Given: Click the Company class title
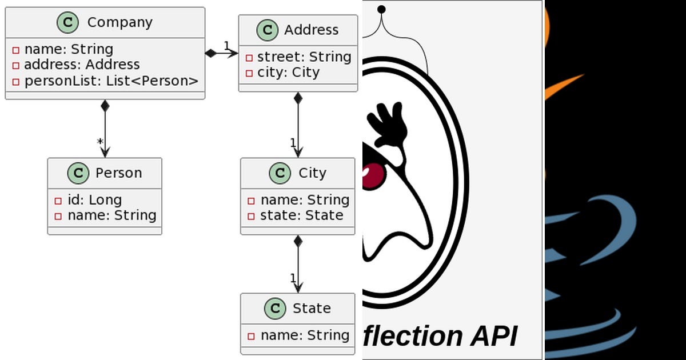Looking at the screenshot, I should point(119,22).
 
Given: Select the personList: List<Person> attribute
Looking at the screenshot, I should point(111,81).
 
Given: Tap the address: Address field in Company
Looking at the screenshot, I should point(81,65).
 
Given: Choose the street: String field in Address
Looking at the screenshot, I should point(304,57).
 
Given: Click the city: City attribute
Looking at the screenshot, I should point(288,73).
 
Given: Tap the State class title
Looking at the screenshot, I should point(312,308).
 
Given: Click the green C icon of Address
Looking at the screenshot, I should point(267,30).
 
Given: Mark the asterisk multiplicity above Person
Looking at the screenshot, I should point(99,142).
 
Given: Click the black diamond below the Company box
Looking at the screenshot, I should point(105,106).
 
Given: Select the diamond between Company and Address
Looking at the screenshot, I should point(212,53).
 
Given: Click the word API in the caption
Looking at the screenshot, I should point(494,336).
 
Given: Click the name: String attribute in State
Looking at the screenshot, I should point(304,335).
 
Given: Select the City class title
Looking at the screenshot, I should point(312,173).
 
